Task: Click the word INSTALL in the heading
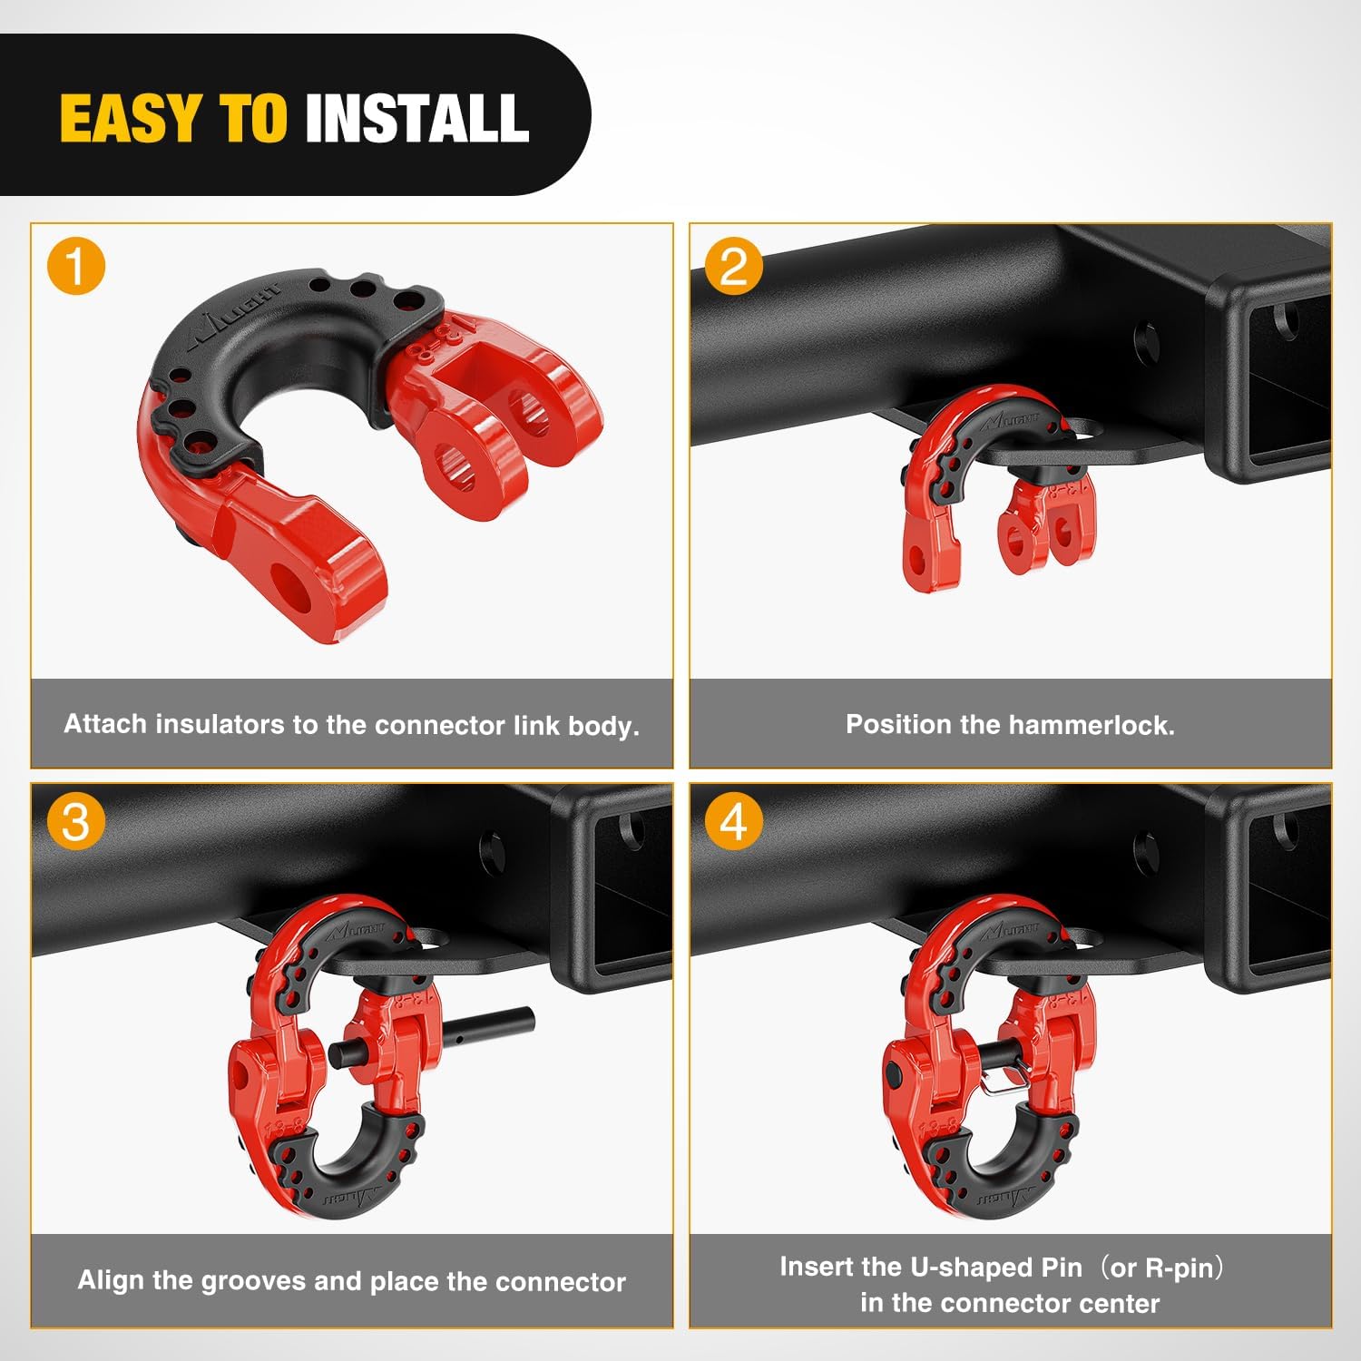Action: [x=417, y=119]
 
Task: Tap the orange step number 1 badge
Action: [x=76, y=267]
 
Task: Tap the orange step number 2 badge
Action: [x=734, y=267]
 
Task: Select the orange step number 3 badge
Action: [x=76, y=822]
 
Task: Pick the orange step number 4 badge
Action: [x=734, y=822]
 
